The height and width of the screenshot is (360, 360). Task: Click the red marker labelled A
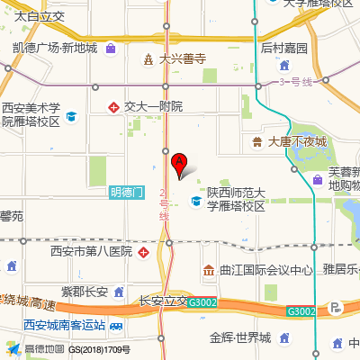click(178, 164)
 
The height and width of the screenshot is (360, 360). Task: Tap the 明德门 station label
click(127, 192)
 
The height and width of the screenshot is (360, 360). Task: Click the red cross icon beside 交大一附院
click(114, 106)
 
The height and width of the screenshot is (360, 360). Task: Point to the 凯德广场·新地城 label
click(55, 47)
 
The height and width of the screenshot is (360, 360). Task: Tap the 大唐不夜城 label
click(297, 141)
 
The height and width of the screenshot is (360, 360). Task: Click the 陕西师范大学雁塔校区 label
click(236, 199)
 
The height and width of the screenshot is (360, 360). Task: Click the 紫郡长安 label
click(85, 291)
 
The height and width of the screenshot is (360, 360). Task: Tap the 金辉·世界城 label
click(240, 337)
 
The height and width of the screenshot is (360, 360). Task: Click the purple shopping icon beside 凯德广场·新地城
click(110, 47)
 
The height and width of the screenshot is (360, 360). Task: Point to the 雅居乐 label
click(341, 268)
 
